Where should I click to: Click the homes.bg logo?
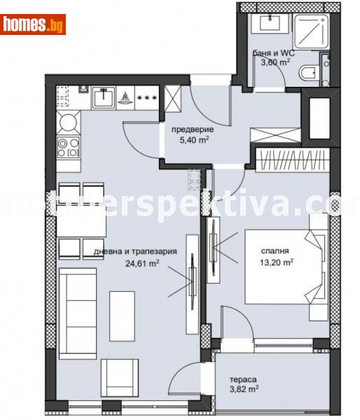[34, 24]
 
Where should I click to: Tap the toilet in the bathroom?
[309, 73]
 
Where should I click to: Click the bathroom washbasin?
[270, 24]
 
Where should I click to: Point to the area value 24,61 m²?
[141, 264]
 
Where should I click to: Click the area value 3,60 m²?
[275, 62]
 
